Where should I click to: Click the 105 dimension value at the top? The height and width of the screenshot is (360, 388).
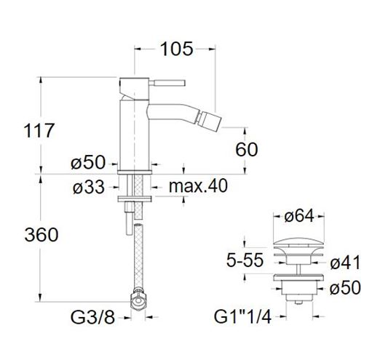(176, 49)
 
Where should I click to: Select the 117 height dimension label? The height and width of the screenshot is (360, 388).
(39, 130)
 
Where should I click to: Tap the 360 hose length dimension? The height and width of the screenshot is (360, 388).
(41, 235)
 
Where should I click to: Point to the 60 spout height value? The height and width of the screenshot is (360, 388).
(247, 149)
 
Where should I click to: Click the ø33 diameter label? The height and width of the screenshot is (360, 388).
(89, 187)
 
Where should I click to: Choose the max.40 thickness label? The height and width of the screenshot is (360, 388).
(198, 186)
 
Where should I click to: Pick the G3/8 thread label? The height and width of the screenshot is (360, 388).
(92, 317)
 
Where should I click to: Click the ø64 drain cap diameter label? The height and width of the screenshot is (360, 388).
(299, 216)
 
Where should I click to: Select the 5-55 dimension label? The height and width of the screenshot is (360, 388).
(245, 260)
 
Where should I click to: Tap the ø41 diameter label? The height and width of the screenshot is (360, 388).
(345, 262)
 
